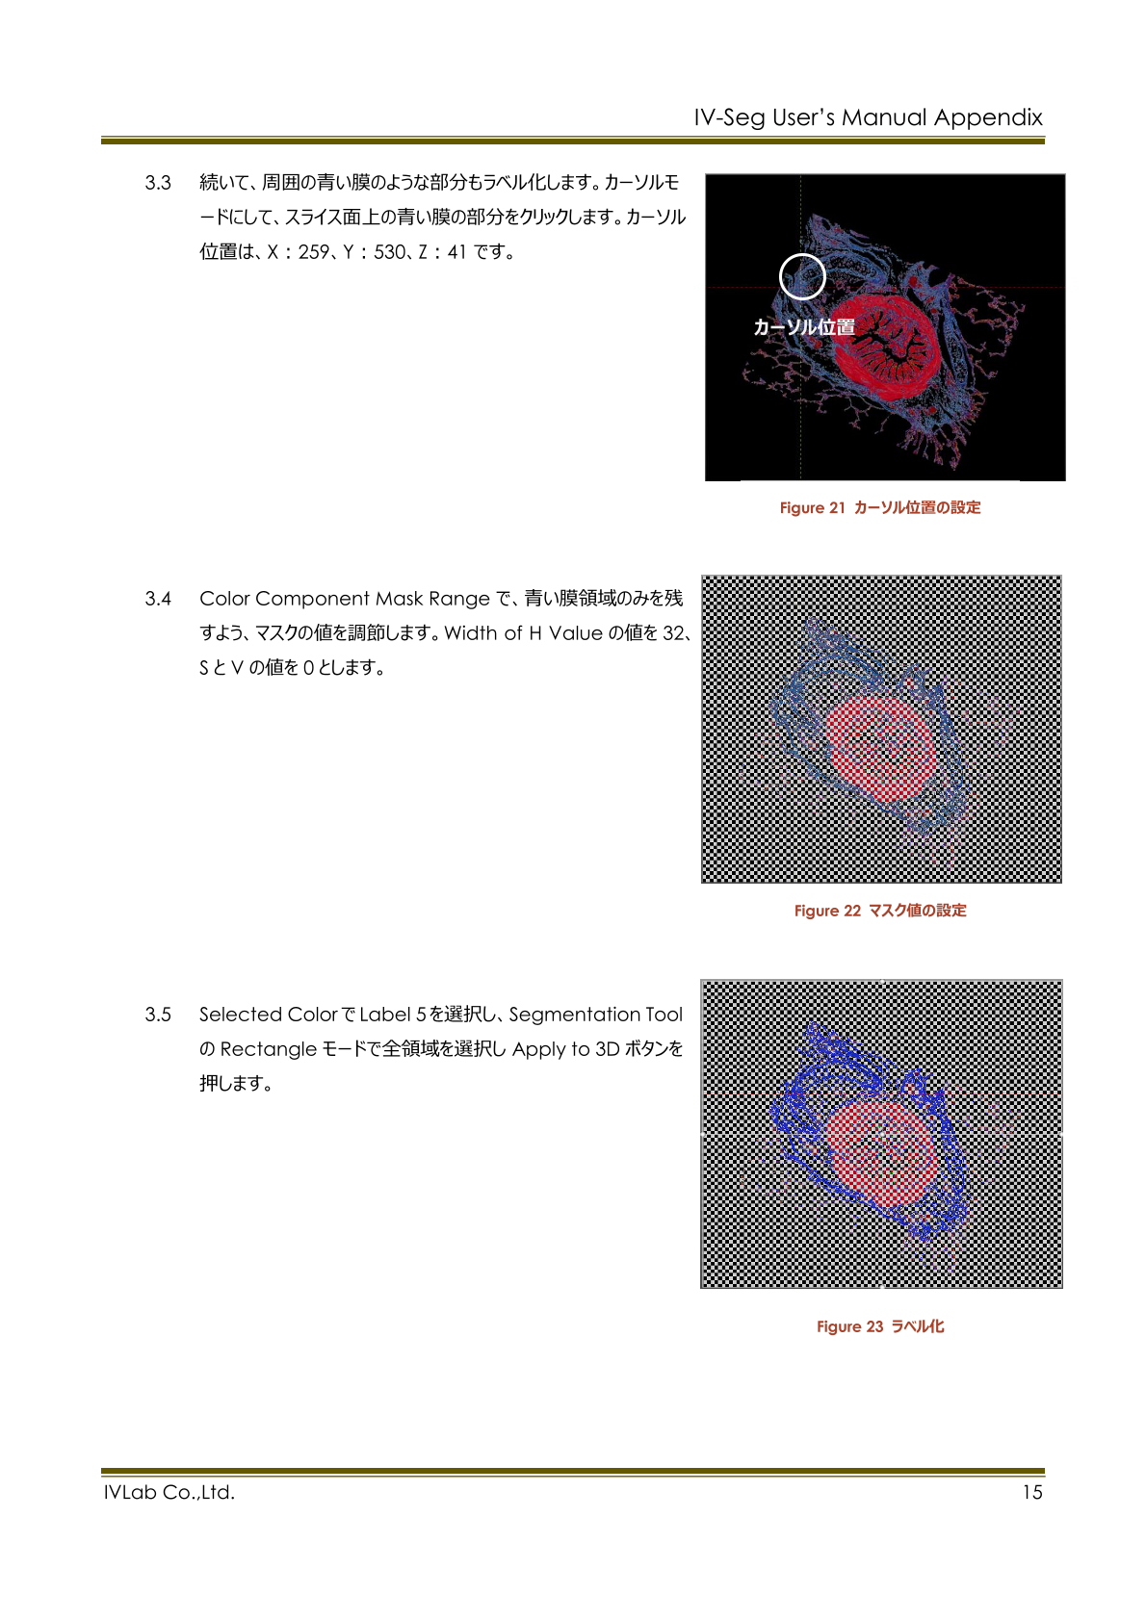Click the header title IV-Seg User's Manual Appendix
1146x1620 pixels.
(868, 117)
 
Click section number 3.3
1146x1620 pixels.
(158, 183)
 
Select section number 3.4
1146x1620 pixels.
(158, 599)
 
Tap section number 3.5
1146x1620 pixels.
(158, 1015)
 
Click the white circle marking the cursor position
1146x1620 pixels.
(802, 277)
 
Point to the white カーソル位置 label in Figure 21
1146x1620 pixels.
(804, 327)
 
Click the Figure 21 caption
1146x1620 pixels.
(880, 508)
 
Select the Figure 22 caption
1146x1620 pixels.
(880, 911)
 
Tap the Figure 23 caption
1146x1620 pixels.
(880, 1326)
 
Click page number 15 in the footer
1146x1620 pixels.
(1032, 1493)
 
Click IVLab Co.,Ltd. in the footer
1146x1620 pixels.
(169, 1493)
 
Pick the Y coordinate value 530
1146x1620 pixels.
(390, 252)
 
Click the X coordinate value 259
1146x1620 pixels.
(314, 252)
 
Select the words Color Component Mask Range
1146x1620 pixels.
(345, 599)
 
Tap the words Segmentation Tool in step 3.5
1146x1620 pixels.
(596, 1015)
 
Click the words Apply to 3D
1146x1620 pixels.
(565, 1049)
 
